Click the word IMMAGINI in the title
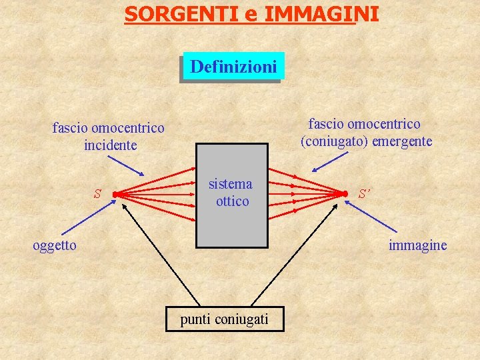[321, 13]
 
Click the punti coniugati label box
[225, 319]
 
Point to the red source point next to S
[115, 195]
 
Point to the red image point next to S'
[346, 195]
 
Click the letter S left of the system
[97, 194]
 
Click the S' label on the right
[364, 194]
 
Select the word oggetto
[55, 245]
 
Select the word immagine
[418, 245]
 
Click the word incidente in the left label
[110, 145]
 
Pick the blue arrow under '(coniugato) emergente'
[331, 163]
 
